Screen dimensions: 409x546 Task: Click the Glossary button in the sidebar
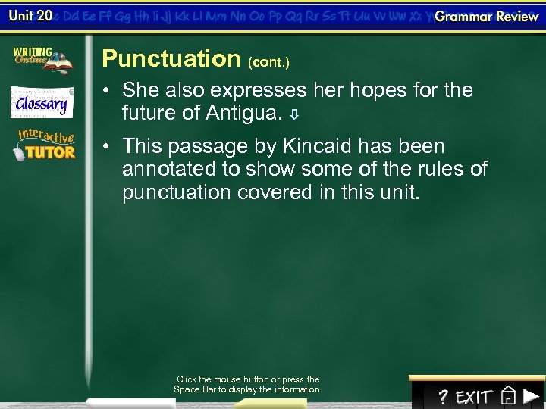coord(42,103)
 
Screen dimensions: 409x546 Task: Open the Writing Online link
coord(42,60)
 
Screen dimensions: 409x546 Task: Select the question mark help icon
coord(444,397)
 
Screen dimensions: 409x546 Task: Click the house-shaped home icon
coord(509,396)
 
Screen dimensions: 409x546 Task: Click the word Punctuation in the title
coord(171,58)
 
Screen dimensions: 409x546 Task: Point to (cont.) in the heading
coord(268,61)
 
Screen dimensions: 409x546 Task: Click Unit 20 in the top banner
coord(30,16)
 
